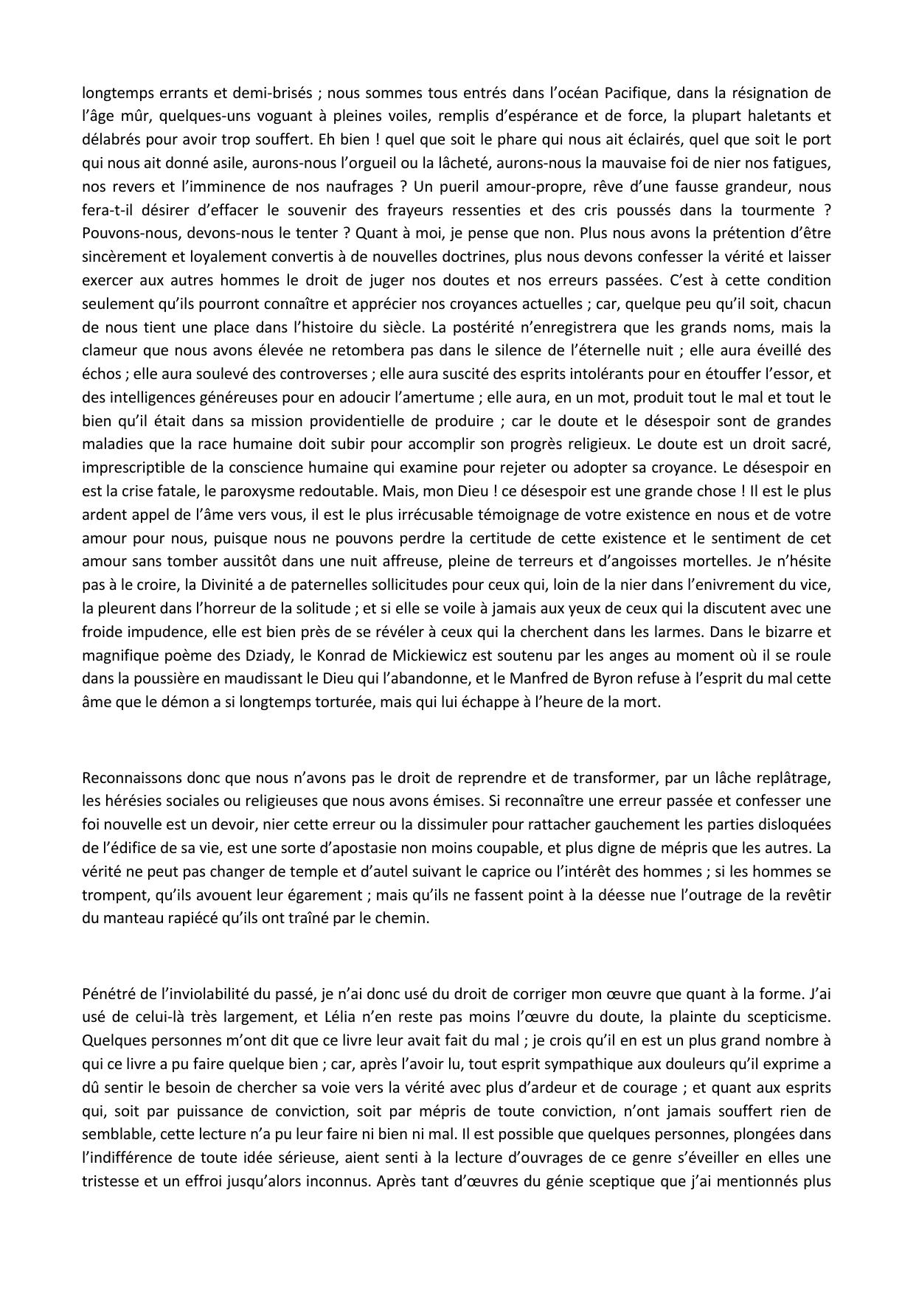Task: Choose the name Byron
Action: point(592,678)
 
